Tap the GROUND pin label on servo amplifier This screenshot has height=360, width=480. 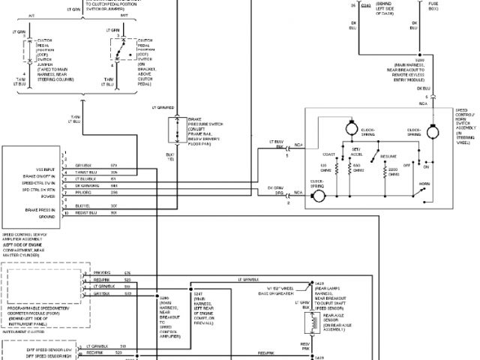(x=46, y=216)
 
